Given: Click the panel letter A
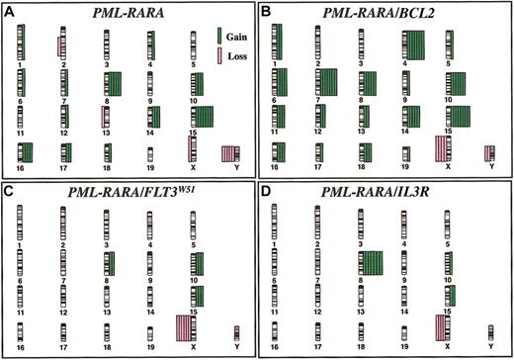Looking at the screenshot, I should (11, 11).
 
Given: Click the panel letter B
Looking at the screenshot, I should (267, 11).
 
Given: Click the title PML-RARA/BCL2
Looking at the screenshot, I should (385, 12).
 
